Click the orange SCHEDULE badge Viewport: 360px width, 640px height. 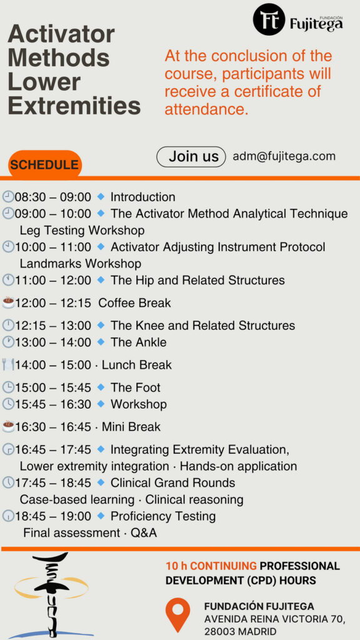[x=45, y=164]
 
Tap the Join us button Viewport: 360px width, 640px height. [x=191, y=157]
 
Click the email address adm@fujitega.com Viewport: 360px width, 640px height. [x=284, y=156]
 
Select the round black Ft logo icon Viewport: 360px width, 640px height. [x=269, y=19]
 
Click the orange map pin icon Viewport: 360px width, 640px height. [x=177, y=615]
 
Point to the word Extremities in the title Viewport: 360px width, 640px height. [x=74, y=105]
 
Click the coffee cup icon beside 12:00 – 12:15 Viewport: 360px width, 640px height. [x=8, y=302]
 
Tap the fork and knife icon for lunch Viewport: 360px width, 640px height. [x=8, y=364]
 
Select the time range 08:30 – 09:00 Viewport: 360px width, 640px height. [x=53, y=197]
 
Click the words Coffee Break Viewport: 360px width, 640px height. [x=135, y=303]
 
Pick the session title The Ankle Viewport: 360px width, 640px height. [x=138, y=342]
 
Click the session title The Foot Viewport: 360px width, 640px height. [x=136, y=387]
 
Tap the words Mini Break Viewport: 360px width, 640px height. [x=131, y=427]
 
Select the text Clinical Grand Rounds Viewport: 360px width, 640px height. [x=172, y=483]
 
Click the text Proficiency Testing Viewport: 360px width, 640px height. [x=163, y=516]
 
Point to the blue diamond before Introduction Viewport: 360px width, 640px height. [x=101, y=197]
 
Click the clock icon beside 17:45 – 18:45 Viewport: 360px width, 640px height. [x=8, y=482]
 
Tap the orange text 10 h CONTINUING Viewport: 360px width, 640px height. [x=211, y=566]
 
